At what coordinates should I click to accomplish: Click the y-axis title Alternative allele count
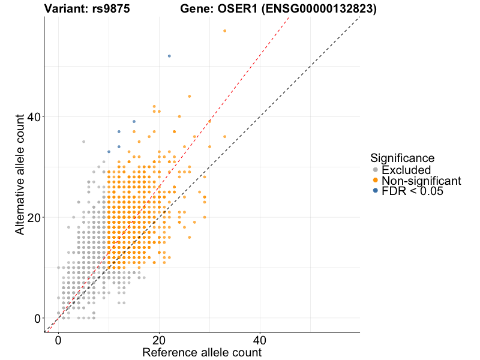[20, 174]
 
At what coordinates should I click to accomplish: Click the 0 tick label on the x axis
[58, 340]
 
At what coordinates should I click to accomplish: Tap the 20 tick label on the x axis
[159, 340]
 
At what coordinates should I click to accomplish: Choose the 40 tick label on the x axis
[260, 340]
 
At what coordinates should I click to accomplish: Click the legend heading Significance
[403, 158]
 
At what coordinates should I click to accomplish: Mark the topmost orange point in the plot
[224, 31]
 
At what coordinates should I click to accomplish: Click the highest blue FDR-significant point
[169, 56]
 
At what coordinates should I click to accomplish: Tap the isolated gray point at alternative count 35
[83, 142]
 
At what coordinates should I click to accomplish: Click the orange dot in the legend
[376, 181]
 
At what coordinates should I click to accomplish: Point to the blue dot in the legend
[376, 191]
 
